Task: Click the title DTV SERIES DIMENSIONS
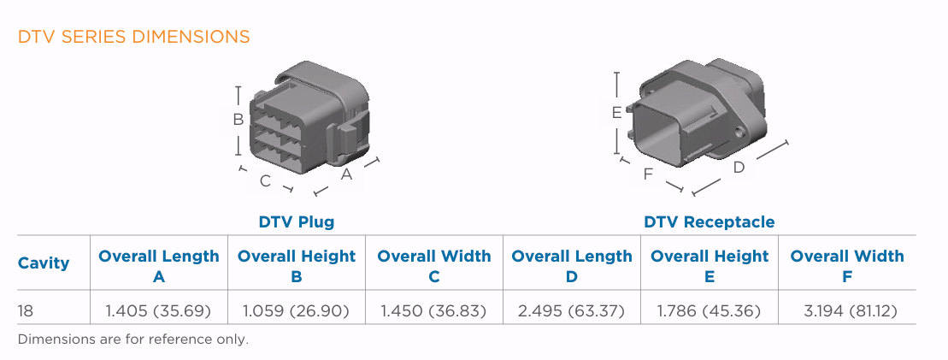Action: coord(133,37)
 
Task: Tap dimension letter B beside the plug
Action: coord(238,120)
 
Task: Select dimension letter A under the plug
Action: coord(346,174)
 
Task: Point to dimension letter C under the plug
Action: coord(265,181)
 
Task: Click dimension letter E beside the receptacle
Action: coord(616,113)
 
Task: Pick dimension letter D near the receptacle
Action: coord(739,168)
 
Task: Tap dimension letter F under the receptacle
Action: coord(648,174)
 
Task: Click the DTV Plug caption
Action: coord(297,222)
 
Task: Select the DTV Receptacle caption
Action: coord(710,222)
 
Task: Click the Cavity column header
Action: coord(44,263)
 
